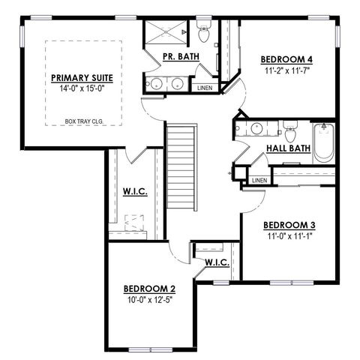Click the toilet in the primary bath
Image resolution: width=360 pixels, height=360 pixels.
[203, 34]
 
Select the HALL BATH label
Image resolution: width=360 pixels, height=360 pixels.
[288, 148]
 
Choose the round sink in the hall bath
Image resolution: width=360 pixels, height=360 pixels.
[255, 127]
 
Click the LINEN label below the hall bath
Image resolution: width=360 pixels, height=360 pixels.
[259, 181]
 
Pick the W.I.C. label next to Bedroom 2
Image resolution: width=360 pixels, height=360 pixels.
[217, 262]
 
